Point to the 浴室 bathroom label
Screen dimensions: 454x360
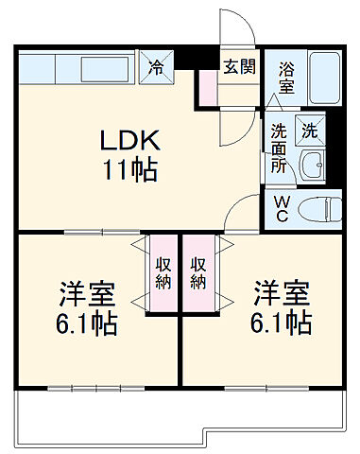(x=285, y=77)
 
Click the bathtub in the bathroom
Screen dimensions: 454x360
(x=323, y=79)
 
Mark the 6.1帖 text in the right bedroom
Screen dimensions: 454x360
(x=281, y=324)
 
